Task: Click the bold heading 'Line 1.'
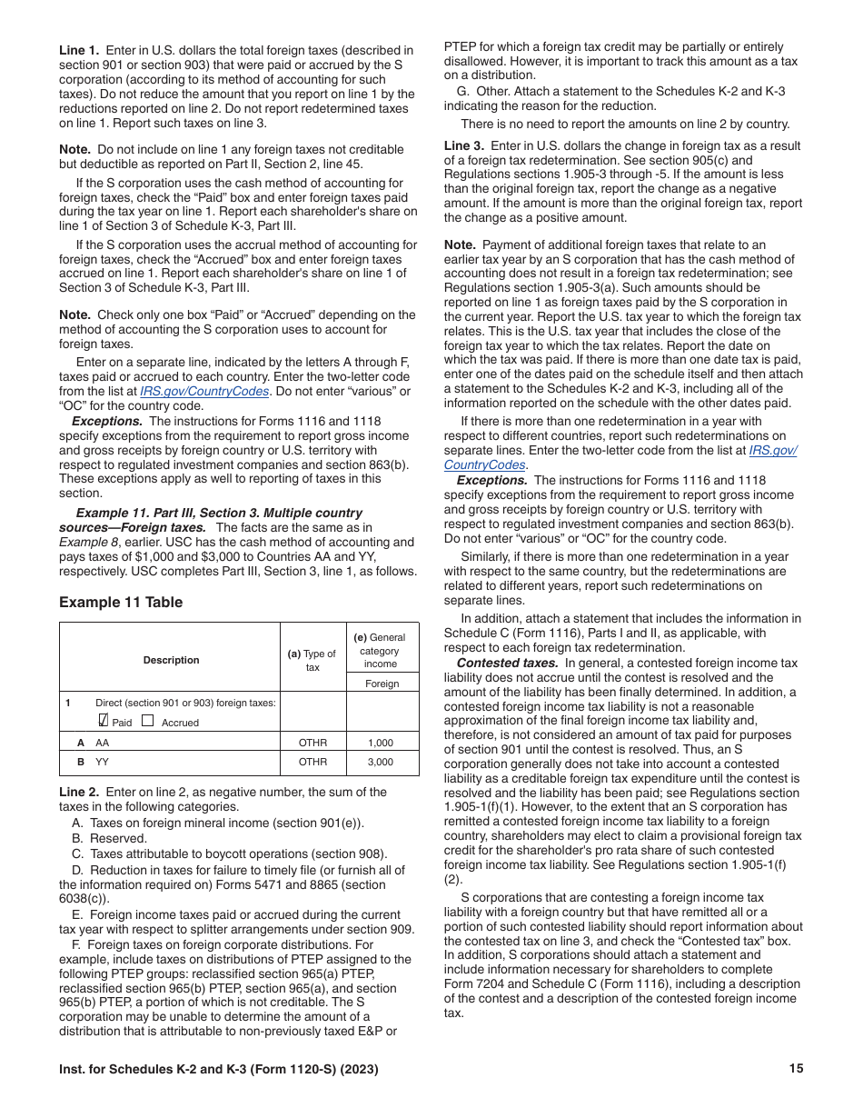(x=80, y=51)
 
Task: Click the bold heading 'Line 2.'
(x=80, y=792)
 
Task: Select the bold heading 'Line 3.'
(x=464, y=146)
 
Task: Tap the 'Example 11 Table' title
(x=121, y=602)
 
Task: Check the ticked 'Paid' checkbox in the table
(x=103, y=721)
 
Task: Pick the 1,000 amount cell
(x=381, y=743)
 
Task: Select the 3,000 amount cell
(x=381, y=763)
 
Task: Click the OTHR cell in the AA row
(x=312, y=743)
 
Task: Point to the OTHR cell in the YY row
(x=312, y=763)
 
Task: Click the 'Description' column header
(x=171, y=660)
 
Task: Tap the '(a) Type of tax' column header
(x=312, y=661)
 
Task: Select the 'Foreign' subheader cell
(x=382, y=684)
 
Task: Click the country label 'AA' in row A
(x=102, y=743)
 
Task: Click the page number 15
(x=796, y=1069)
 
